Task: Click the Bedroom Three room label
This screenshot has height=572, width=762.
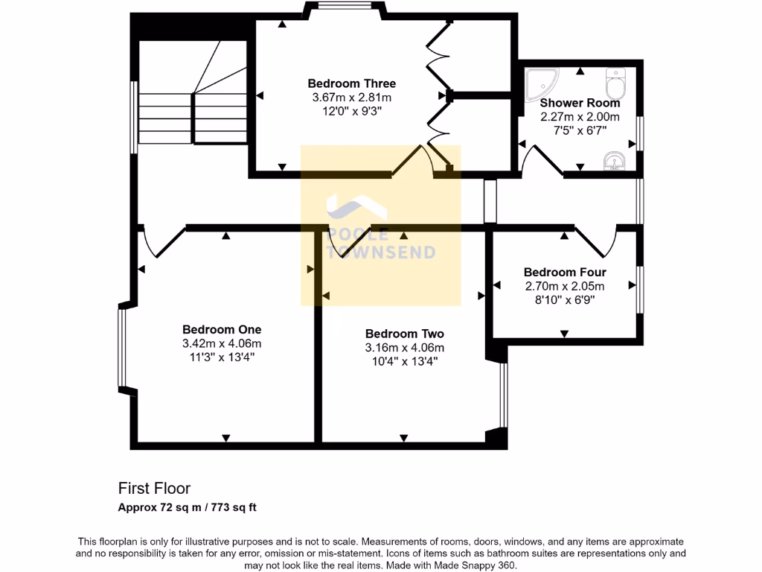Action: [352, 83]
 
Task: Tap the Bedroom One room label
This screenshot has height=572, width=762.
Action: [222, 329]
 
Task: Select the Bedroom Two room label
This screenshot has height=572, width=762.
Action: [404, 334]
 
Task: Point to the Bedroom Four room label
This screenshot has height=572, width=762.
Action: [564, 273]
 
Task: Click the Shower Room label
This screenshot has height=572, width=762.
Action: [580, 103]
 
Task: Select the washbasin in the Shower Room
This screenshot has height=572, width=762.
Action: [615, 160]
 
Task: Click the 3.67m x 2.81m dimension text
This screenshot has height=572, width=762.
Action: [352, 98]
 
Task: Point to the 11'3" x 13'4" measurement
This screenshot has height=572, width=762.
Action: [222, 357]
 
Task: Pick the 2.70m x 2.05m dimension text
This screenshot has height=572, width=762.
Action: [564, 286]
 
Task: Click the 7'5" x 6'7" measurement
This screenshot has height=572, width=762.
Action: [580, 130]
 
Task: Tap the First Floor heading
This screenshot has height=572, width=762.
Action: [154, 489]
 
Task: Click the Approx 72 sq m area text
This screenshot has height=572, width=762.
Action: [188, 508]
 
